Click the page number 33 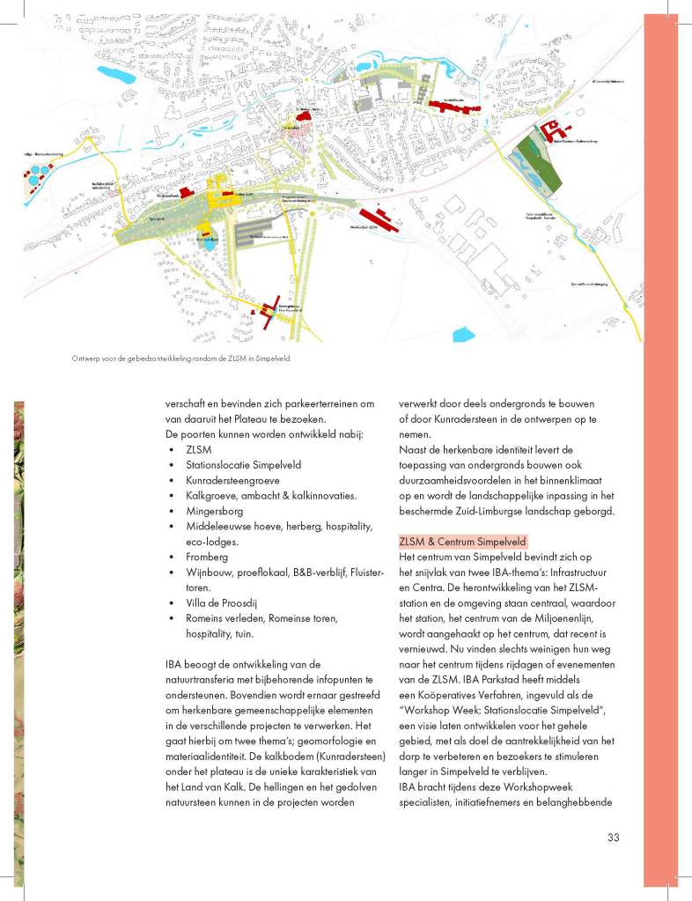(x=614, y=837)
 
